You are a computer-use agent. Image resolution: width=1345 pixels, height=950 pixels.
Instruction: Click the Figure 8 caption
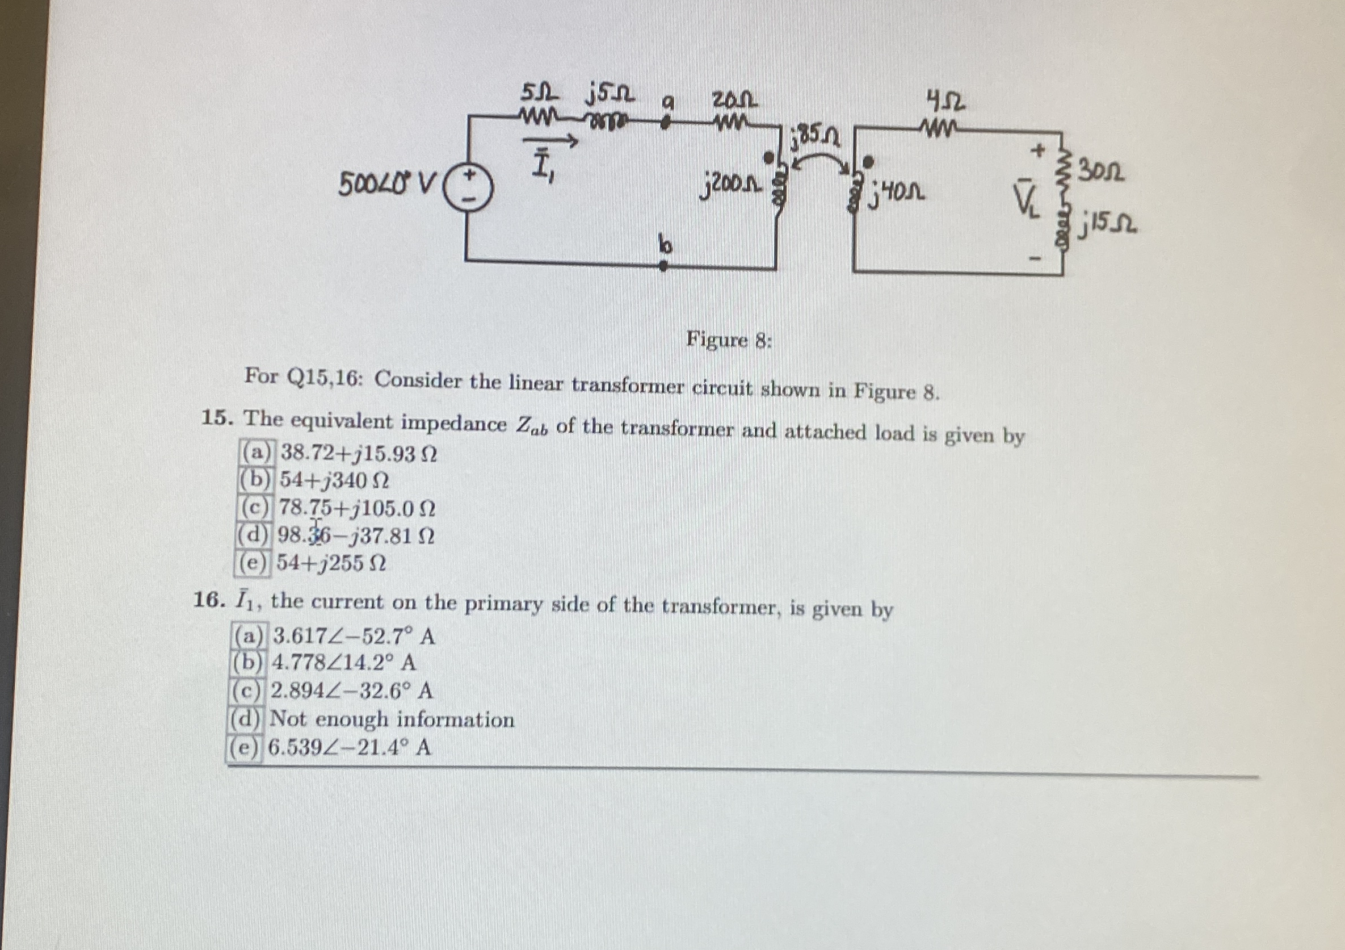point(729,340)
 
